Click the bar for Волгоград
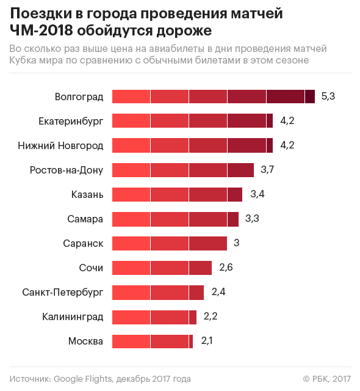tap(214, 97)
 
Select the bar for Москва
tap(153, 341)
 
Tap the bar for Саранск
tap(170, 243)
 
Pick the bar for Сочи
tap(162, 268)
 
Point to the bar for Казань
tap(177, 194)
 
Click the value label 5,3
tap(328, 97)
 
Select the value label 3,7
tap(267, 170)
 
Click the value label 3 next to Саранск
tap(236, 243)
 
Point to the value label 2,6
tap(226, 268)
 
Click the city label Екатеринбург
tap(71, 121)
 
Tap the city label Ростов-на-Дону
tap(67, 170)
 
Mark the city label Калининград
tap(73, 316)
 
